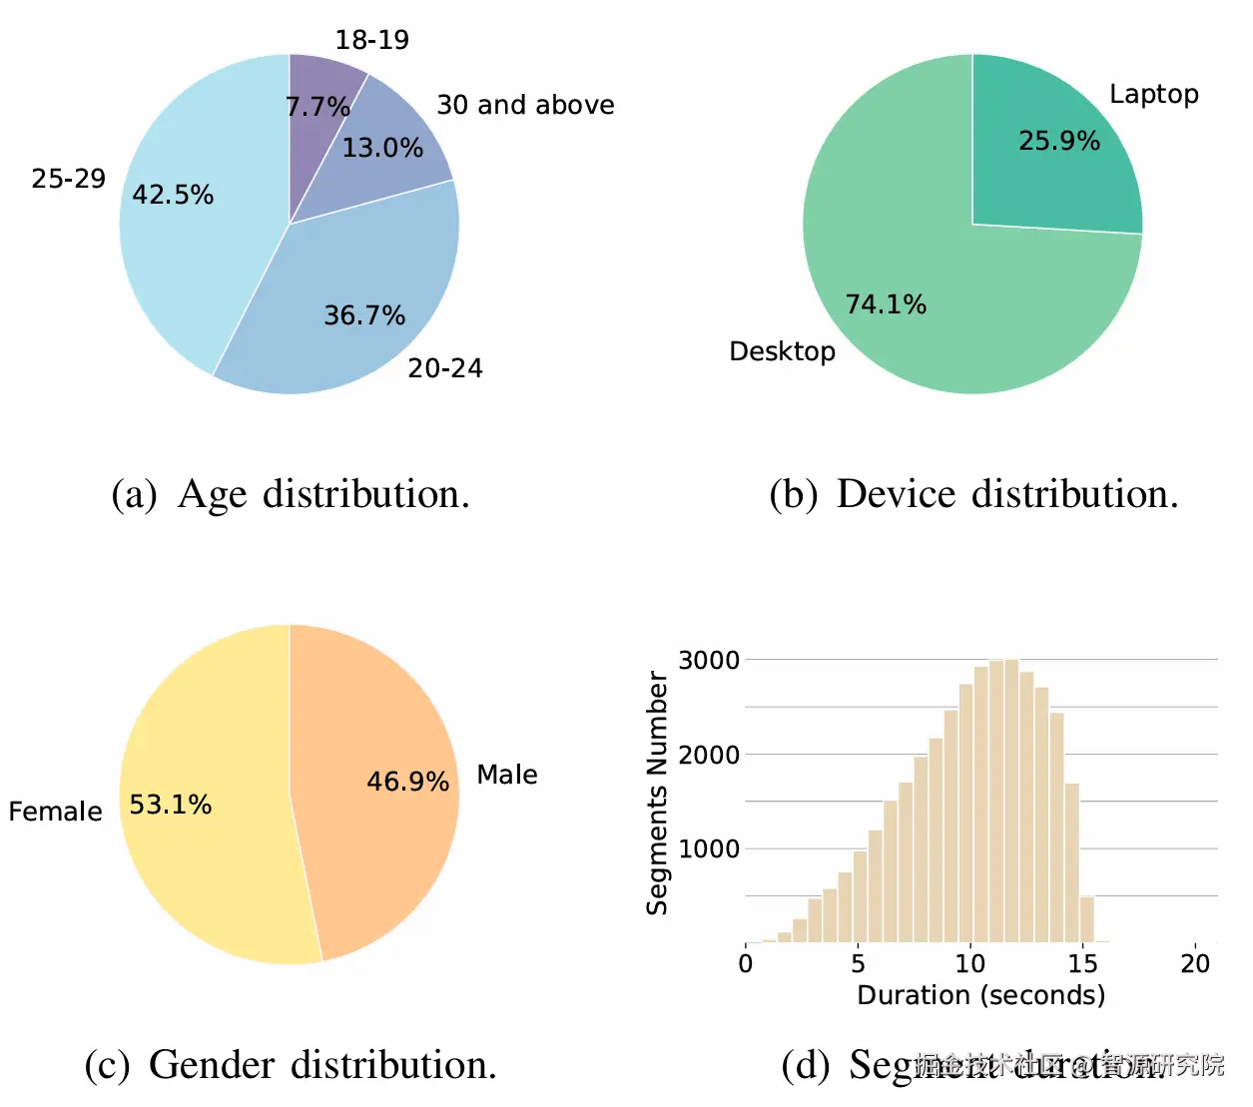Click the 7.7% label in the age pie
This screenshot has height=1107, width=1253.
[317, 106]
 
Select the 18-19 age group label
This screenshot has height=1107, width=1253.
[371, 40]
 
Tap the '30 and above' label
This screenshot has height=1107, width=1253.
[525, 105]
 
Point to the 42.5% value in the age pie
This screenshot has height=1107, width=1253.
[173, 195]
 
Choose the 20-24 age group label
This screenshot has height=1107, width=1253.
[444, 368]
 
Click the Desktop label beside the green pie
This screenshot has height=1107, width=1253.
[782, 351]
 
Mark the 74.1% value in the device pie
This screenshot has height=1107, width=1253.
[886, 304]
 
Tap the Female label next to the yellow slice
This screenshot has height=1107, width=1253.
[55, 812]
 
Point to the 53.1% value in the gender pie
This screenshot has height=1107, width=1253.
[171, 805]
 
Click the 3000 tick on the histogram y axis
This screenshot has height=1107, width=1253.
[709, 660]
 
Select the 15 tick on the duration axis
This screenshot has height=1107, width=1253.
[1082, 963]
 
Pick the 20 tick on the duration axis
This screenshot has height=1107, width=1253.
[1195, 963]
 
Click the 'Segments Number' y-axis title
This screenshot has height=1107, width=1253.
[657, 794]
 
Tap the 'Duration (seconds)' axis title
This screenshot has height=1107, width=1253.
[981, 995]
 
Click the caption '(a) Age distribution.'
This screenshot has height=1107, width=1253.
[291, 494]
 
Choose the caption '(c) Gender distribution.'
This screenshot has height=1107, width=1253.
[291, 1065]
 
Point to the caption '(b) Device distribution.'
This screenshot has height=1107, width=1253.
[973, 494]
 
